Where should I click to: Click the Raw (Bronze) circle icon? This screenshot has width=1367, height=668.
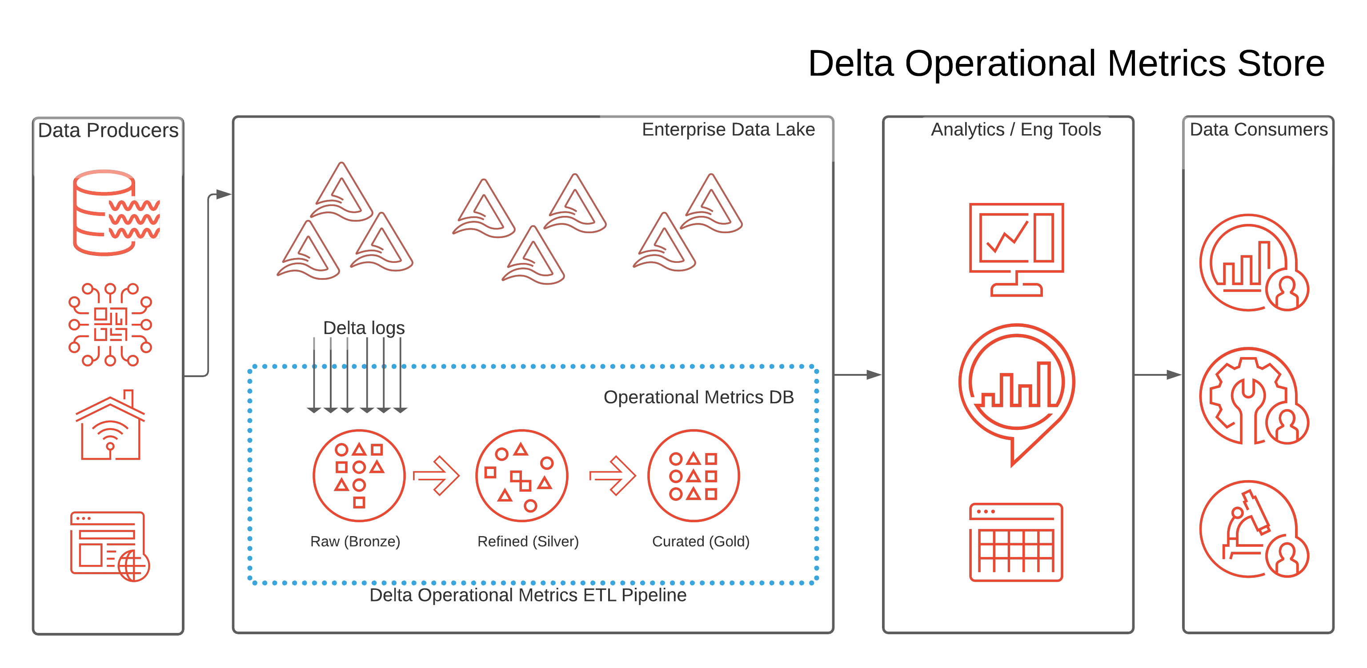click(x=359, y=476)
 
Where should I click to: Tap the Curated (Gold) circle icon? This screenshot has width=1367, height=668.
click(x=693, y=476)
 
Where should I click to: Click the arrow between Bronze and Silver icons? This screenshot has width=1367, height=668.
click(x=436, y=476)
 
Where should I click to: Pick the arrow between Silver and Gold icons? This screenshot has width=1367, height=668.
click(x=613, y=476)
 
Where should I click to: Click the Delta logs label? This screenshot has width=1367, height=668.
click(x=364, y=328)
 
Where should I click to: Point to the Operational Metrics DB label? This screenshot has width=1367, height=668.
click(x=698, y=397)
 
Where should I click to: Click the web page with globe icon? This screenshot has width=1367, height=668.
click(x=110, y=546)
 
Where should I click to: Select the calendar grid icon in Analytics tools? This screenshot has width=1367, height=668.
click(x=1016, y=542)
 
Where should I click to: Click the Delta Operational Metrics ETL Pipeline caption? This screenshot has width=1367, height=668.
click(x=528, y=595)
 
